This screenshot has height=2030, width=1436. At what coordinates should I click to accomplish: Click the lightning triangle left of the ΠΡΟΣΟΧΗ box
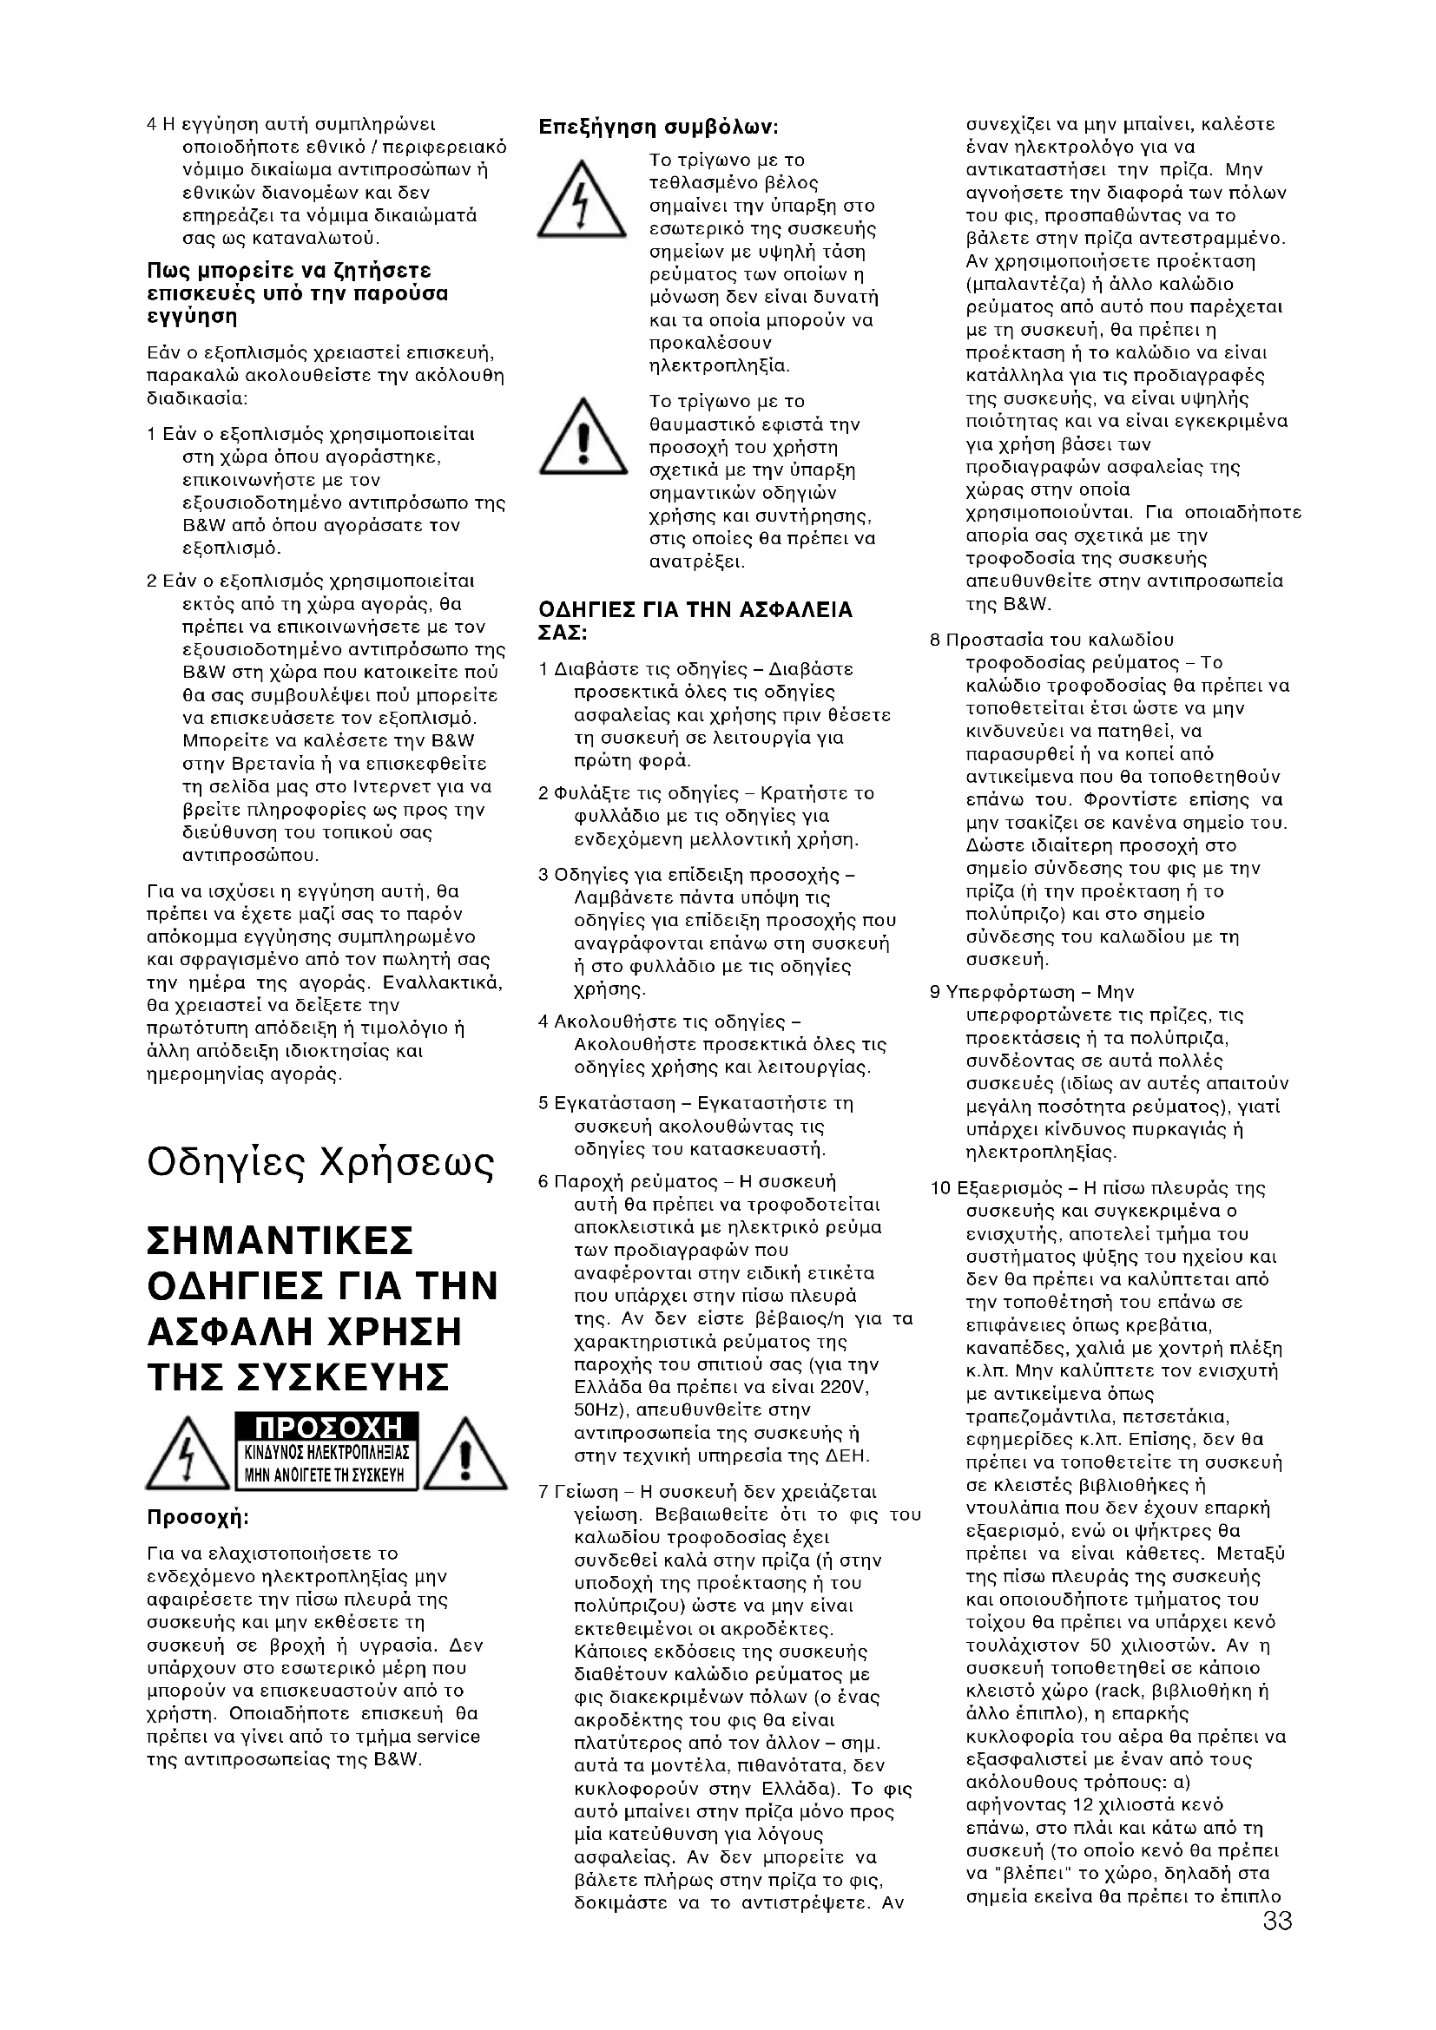tap(187, 1455)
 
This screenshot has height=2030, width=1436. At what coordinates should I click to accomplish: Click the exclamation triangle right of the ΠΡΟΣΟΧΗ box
tap(467, 1455)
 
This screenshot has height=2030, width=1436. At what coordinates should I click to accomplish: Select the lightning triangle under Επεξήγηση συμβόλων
tap(579, 201)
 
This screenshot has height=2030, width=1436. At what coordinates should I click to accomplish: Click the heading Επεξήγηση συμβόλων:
tap(658, 128)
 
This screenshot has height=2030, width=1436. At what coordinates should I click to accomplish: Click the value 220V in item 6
tap(844, 1386)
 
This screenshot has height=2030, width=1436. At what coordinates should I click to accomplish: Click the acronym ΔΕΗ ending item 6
tap(849, 1455)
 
